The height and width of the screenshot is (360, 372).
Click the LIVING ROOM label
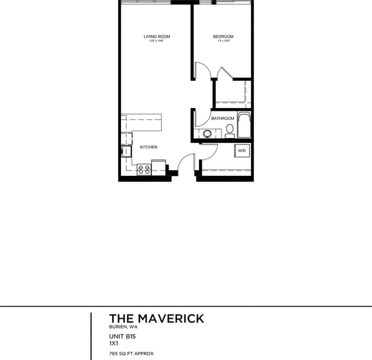(157, 37)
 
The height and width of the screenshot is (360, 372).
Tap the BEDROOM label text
(223, 37)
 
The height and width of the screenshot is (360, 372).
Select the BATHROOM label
(223, 118)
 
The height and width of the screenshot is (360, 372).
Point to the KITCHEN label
(148, 147)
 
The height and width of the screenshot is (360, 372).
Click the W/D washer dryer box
(242, 151)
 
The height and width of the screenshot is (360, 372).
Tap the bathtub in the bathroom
(244, 125)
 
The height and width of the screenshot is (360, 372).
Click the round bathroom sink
(207, 134)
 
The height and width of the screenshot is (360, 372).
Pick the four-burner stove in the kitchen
(144, 170)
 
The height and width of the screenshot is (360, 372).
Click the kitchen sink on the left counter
(126, 151)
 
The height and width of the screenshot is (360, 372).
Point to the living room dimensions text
(157, 41)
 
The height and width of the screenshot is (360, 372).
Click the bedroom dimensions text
(223, 41)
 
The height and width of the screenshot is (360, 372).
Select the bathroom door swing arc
(202, 117)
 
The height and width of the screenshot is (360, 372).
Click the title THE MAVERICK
(156, 318)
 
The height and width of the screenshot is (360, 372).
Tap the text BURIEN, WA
(123, 327)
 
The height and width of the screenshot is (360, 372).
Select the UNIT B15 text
(123, 336)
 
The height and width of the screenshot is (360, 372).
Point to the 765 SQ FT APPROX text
(131, 353)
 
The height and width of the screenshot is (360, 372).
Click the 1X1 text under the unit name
(114, 343)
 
